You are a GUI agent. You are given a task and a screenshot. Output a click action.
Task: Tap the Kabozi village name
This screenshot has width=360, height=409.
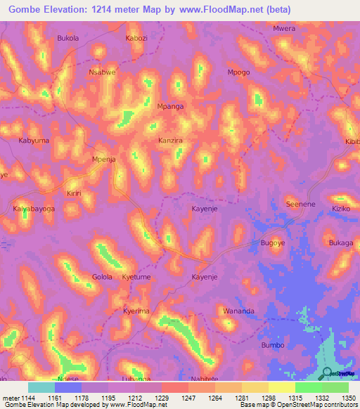136,38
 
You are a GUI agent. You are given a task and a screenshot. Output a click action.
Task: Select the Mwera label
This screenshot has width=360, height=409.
283,29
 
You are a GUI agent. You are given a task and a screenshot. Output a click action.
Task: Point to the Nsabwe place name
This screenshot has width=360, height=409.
101,72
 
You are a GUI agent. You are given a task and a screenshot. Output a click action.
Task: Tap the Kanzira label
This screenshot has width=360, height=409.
170,141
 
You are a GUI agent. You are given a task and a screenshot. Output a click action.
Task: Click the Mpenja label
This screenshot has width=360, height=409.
104,160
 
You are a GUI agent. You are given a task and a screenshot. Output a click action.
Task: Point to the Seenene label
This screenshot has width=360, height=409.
298,204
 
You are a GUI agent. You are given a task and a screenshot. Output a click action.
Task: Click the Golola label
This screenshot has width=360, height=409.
102,277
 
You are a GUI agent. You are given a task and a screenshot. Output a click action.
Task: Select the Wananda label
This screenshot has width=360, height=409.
238,311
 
